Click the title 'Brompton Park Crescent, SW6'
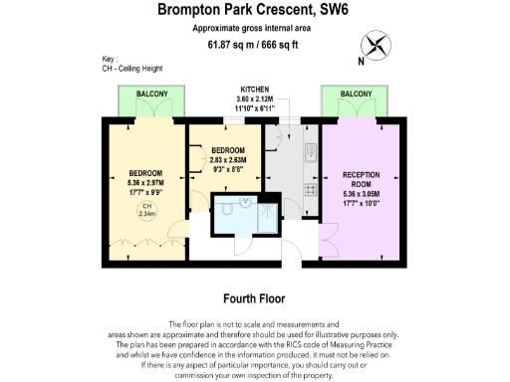click(x=255, y=10)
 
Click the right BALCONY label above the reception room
click(x=356, y=94)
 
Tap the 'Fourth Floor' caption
click(x=255, y=297)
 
